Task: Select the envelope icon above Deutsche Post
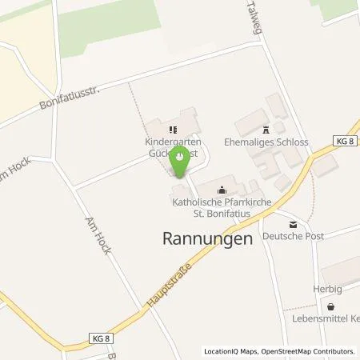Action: (293, 225)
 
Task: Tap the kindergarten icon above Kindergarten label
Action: (170, 128)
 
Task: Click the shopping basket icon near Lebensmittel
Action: (330, 306)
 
